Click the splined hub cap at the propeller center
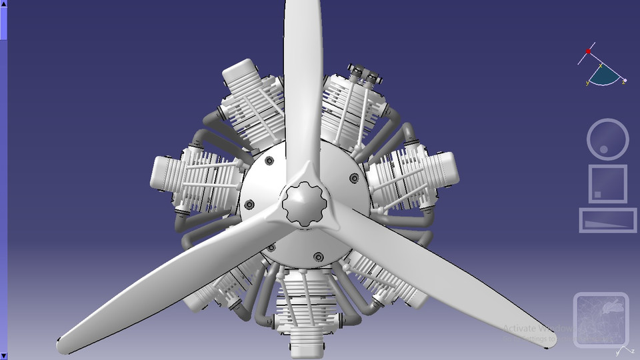(x=305, y=203)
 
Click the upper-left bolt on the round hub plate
(x=269, y=161)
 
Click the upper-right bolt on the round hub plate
(x=353, y=177)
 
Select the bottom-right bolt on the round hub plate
(x=318, y=257)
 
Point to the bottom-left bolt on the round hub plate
(x=271, y=247)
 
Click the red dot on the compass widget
(x=589, y=51)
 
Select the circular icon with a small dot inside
(x=607, y=139)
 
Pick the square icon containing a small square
(x=607, y=183)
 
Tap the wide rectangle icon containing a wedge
(x=607, y=220)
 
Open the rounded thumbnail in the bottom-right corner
(x=601, y=320)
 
